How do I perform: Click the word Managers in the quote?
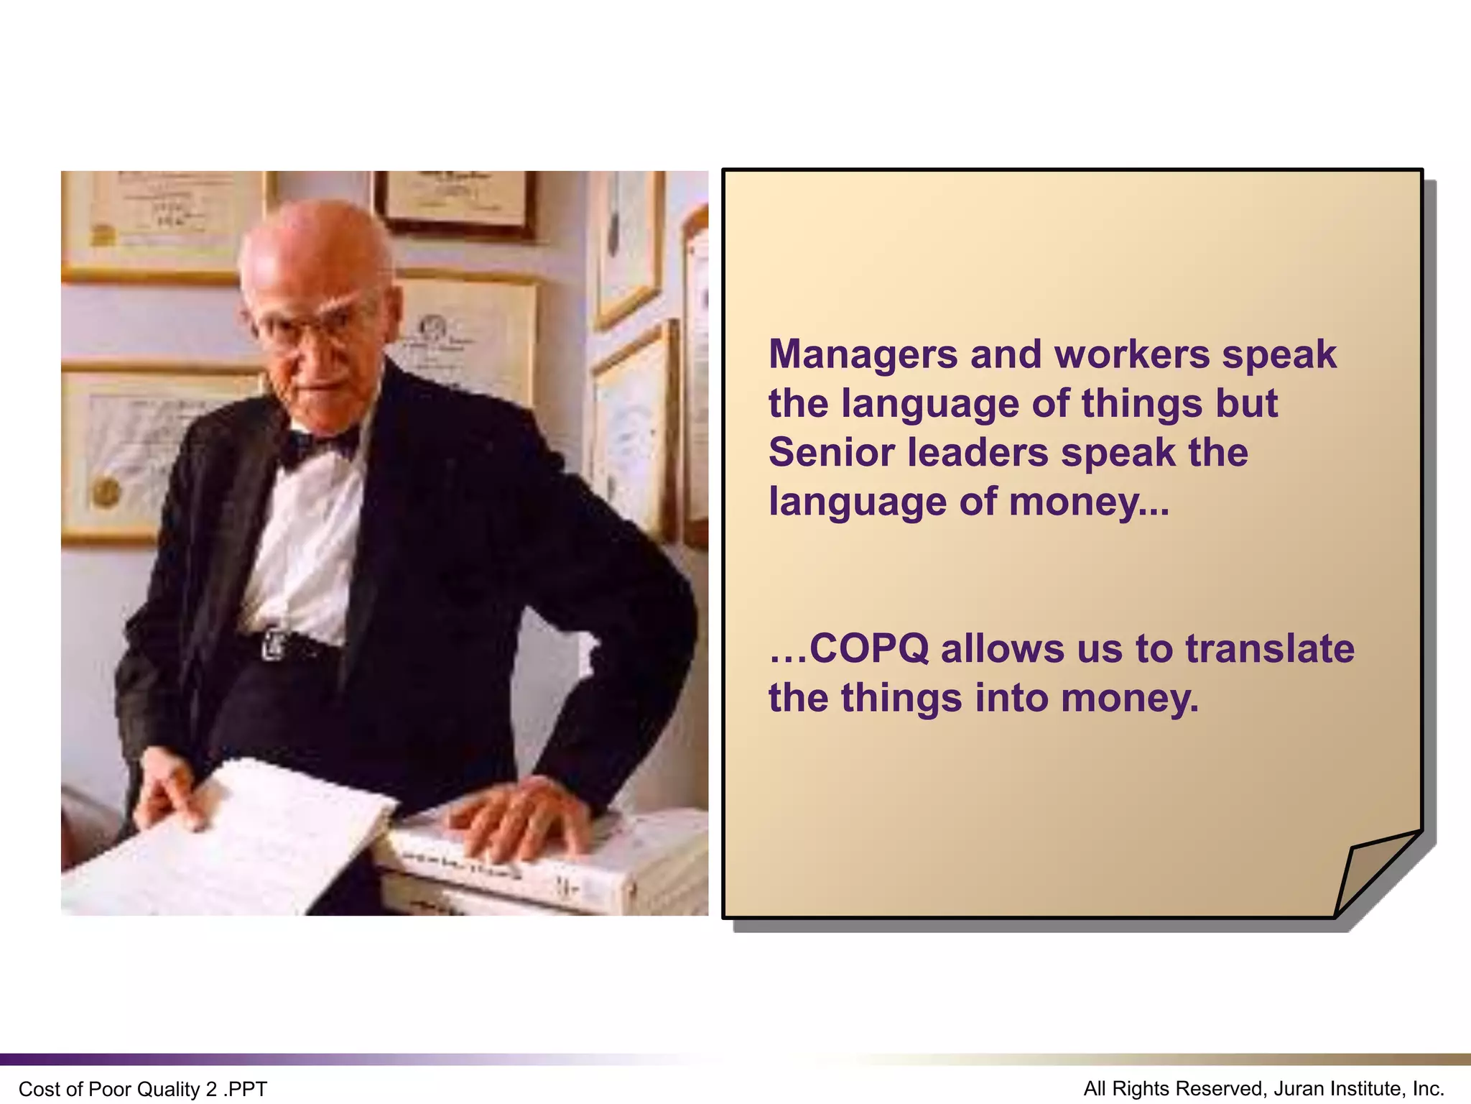(863, 354)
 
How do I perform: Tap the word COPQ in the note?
(869, 648)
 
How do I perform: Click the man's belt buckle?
(274, 644)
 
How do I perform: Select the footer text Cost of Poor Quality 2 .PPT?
(143, 1089)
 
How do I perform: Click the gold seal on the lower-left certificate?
(107, 492)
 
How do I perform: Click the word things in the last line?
(901, 698)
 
